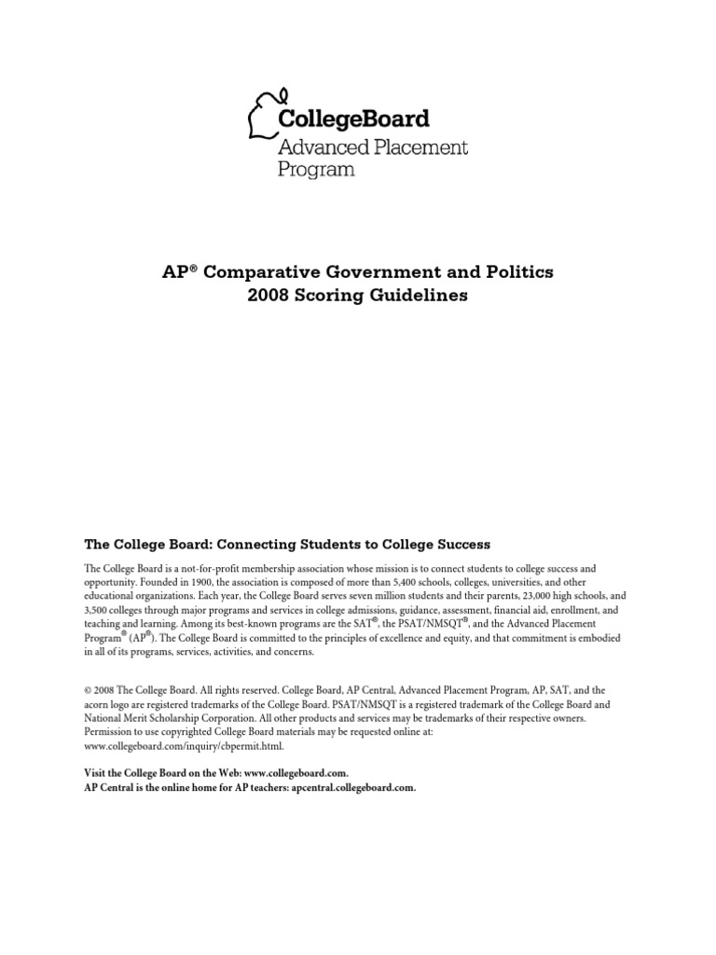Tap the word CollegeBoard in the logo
[x=354, y=118]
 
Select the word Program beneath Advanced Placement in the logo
[x=317, y=171]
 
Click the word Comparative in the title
[x=255, y=272]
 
